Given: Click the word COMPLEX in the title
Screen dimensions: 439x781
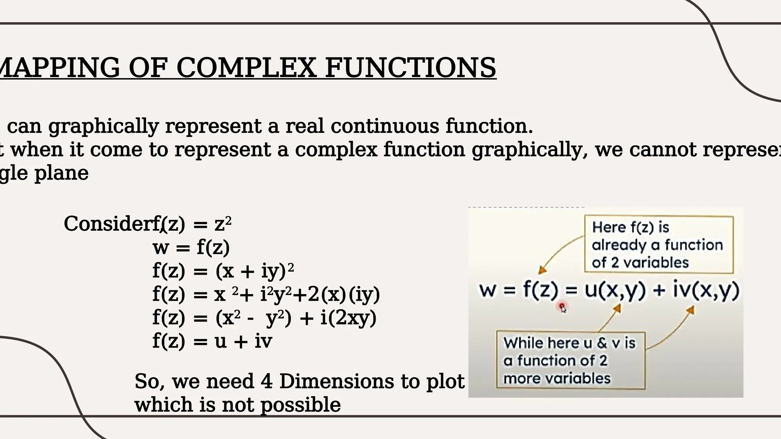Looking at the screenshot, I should point(246,67).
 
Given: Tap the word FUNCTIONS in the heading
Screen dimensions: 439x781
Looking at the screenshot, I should point(410,67).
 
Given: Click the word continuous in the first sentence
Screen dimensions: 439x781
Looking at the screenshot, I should point(385,126).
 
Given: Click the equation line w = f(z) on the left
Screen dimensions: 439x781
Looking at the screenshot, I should point(191,247).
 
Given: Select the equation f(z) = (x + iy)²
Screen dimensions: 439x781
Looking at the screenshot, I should point(223,271).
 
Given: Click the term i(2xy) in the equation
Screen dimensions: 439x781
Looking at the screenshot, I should point(348,318).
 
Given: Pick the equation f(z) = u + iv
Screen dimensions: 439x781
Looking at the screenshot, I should point(212,341).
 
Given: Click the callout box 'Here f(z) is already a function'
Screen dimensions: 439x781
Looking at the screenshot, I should point(659,245).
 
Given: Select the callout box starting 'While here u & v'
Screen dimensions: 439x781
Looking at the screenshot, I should point(570,360).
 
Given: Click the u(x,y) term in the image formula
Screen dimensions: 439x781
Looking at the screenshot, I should point(615,290).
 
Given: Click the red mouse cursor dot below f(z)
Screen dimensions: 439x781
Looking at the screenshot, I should point(562,306).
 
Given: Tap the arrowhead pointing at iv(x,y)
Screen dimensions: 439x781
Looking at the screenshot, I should point(690,310).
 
